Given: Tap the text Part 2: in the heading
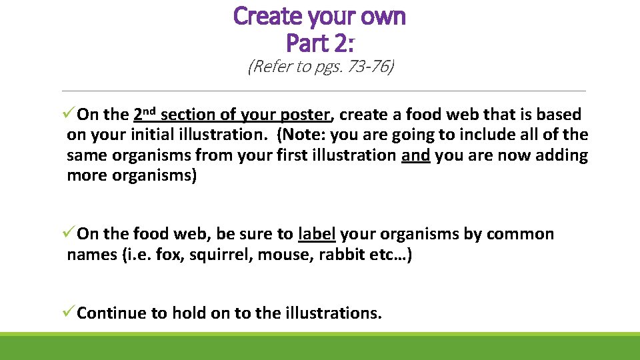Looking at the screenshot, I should [x=319, y=43].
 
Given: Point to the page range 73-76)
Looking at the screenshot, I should [x=368, y=67].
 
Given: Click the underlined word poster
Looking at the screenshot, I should [x=305, y=115].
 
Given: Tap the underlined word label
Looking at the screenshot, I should [x=317, y=234].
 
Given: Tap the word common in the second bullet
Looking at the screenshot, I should [x=520, y=234].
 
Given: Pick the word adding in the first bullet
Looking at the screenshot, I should [x=562, y=155].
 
